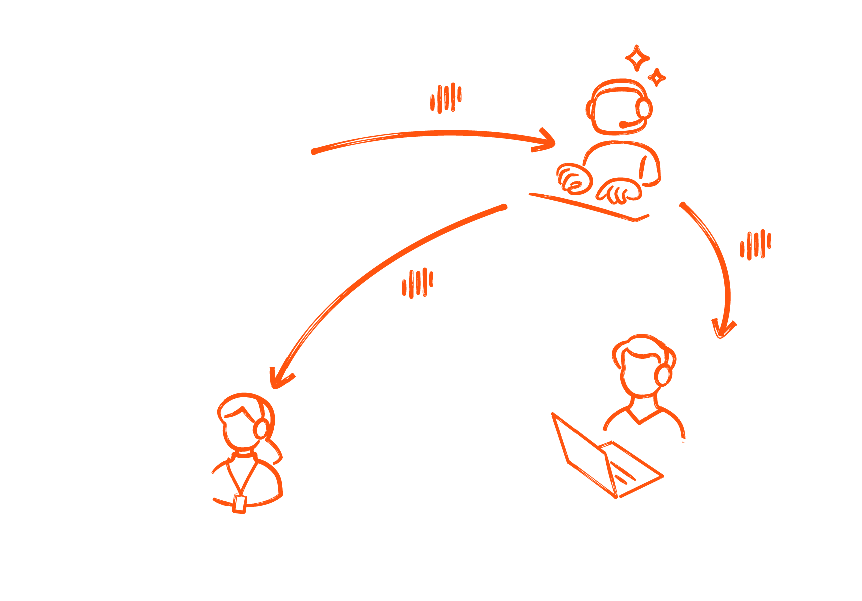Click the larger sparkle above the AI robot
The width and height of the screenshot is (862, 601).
(637, 58)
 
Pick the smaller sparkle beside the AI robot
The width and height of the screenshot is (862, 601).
(656, 77)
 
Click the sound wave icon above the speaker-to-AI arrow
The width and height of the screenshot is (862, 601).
(446, 98)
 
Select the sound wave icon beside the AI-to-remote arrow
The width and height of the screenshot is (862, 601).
(755, 245)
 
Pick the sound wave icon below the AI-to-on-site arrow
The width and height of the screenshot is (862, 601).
(417, 283)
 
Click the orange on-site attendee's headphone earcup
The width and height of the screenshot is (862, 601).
(260, 428)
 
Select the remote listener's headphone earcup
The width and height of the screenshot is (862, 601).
(663, 374)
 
